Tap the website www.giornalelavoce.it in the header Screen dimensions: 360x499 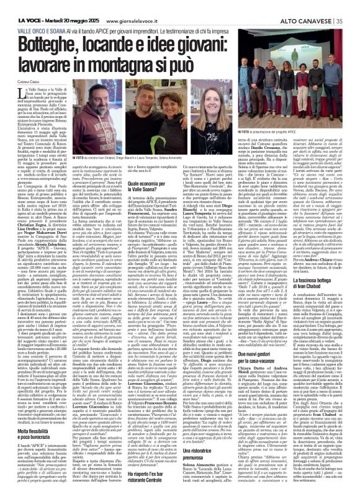[x=134, y=6]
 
